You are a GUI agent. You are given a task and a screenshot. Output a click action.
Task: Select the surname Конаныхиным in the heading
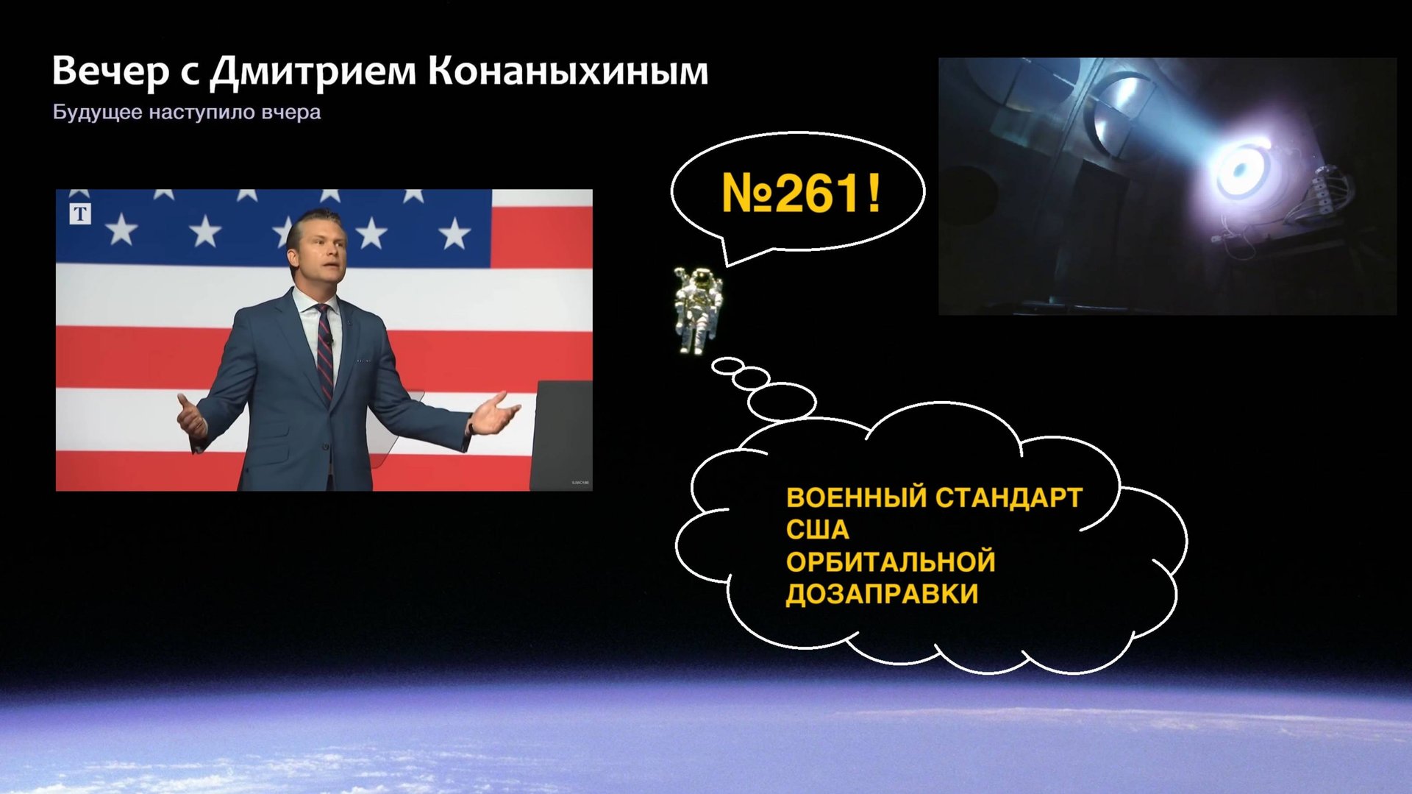568,71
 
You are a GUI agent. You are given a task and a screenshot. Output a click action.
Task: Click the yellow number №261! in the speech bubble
800,194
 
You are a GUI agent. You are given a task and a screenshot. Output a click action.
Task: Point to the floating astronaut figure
698,310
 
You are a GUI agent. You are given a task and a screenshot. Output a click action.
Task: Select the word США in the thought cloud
817,530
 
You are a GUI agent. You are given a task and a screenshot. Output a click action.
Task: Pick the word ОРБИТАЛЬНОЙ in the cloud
891,562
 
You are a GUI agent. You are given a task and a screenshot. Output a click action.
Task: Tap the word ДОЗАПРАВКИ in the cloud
882,594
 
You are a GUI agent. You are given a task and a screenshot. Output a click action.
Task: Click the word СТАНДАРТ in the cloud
1009,498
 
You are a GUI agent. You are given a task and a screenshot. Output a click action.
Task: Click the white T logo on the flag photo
80,214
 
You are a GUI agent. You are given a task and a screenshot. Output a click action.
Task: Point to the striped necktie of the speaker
324,353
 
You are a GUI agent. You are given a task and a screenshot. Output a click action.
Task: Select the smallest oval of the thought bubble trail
728,365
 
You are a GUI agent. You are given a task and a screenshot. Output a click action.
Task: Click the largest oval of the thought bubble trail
782,402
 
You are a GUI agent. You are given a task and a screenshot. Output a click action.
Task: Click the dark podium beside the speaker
562,434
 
